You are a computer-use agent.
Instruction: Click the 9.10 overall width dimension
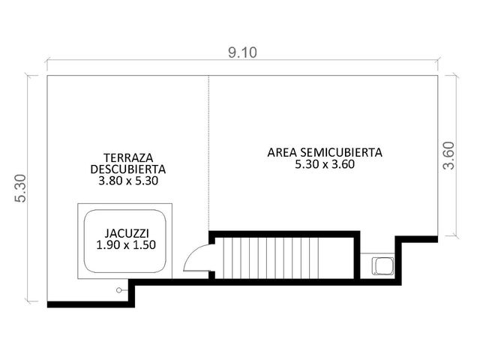tap(242, 52)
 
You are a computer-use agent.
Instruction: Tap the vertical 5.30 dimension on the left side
tap(21, 188)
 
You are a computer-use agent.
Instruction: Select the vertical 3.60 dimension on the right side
tap(449, 155)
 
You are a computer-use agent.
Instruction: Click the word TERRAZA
tap(128, 158)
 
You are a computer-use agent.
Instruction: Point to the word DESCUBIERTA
tap(128, 169)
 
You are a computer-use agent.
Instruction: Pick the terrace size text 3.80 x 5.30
tap(128, 181)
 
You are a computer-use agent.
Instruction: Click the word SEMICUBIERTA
tap(341, 152)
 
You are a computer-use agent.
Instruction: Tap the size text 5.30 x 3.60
tap(325, 164)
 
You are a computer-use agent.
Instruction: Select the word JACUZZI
tap(127, 233)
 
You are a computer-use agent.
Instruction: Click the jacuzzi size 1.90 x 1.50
tap(126, 245)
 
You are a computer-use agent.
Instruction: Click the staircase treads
tap(271, 258)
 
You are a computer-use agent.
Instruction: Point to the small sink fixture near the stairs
tap(382, 265)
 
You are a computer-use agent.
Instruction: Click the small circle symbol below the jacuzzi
tap(118, 290)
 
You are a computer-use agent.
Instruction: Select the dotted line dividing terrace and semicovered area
tap(209, 153)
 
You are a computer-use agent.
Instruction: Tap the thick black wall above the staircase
tap(283, 234)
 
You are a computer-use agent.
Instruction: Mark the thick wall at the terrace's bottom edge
tap(91, 304)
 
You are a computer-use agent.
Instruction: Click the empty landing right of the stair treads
tap(337, 258)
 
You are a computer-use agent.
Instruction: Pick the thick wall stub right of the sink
tap(398, 260)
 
